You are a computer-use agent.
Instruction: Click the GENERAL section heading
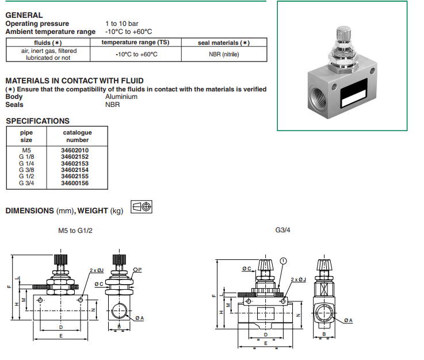[x=24, y=15]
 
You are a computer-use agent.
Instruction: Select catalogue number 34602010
[x=75, y=150]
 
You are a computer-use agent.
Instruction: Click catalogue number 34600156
[x=75, y=183]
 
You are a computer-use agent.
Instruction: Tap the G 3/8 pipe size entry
[x=26, y=170]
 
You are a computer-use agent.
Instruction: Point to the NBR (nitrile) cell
[x=224, y=54]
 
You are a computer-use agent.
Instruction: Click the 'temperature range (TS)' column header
[x=135, y=43]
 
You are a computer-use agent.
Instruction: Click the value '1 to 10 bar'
[x=123, y=24]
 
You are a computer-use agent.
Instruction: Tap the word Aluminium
[x=121, y=97]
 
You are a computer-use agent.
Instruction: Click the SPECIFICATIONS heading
[x=37, y=121]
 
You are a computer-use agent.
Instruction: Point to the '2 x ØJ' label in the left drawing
[x=96, y=270]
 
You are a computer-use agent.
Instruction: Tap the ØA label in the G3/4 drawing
[x=349, y=320]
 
